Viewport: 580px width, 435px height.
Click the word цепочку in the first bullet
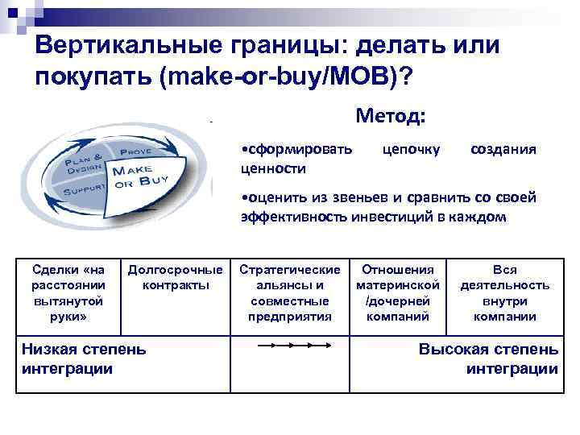pos(411,150)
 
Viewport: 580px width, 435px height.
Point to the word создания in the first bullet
pos(503,150)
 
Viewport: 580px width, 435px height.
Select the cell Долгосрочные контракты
pos(176,277)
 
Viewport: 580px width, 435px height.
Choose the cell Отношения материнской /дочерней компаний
pos(398,292)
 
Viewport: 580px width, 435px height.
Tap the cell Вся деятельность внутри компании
pos(505,292)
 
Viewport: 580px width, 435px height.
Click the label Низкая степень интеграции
pos(84,358)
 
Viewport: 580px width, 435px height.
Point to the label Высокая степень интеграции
pos(488,358)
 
